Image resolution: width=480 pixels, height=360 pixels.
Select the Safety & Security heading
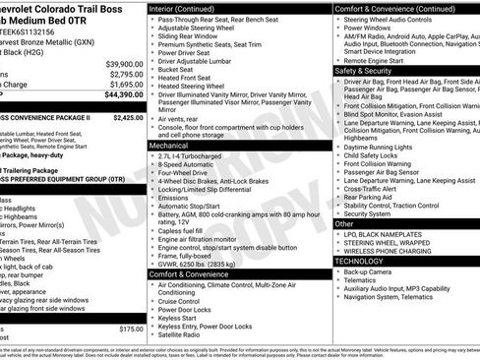click(x=364, y=71)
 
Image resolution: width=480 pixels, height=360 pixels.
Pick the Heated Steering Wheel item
click(x=193, y=87)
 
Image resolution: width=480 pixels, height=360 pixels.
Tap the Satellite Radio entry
click(x=185, y=333)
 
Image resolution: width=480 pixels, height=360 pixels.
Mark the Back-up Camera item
click(x=370, y=271)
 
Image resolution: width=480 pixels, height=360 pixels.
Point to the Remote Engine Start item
click(x=377, y=60)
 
